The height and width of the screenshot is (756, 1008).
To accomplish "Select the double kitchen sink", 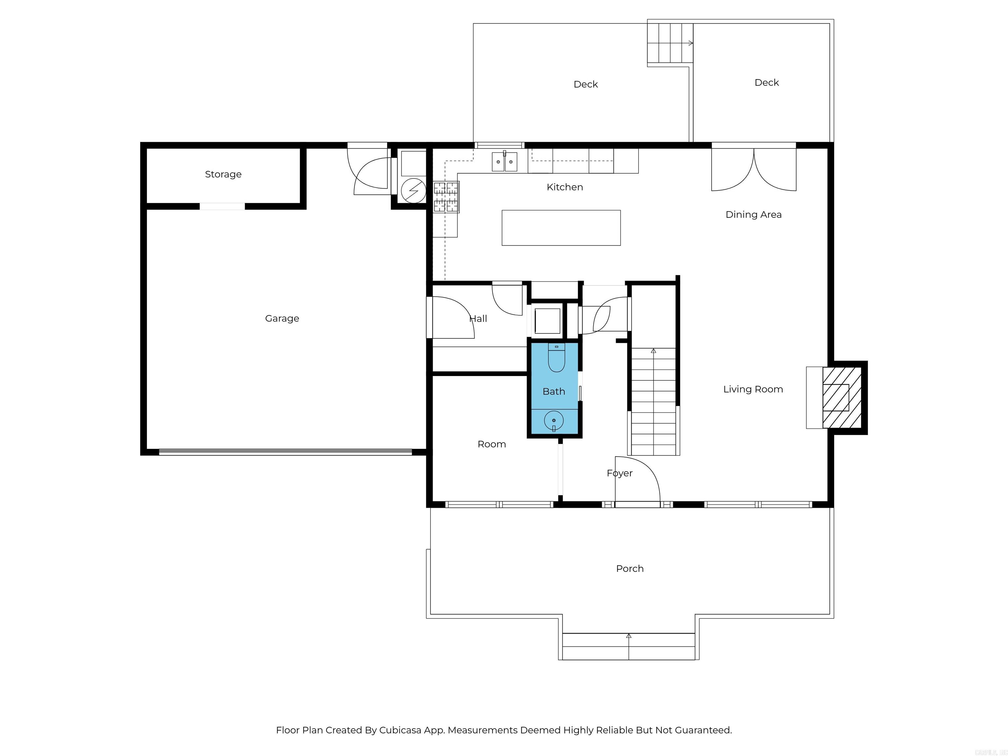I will pyautogui.click(x=504, y=162).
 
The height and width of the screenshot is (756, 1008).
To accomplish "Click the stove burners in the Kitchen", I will pyautogui.click(x=446, y=197).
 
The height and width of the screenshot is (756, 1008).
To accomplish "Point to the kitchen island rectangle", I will pyautogui.click(x=561, y=228).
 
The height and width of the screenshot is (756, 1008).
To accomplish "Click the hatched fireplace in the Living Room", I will pyautogui.click(x=842, y=397).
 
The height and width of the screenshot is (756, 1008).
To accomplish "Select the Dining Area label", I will pyautogui.click(x=753, y=215).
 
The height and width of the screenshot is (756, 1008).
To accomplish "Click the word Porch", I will pyautogui.click(x=630, y=569).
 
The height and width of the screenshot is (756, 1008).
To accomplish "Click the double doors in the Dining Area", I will pyautogui.click(x=754, y=170).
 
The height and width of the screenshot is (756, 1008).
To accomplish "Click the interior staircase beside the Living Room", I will pyautogui.click(x=654, y=401).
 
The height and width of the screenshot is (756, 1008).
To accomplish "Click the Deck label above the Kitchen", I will pyautogui.click(x=586, y=84).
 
